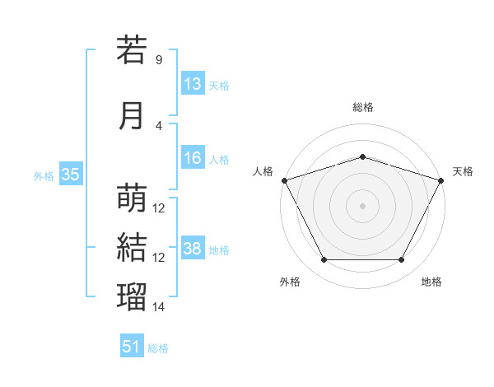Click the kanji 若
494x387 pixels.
coord(132,49)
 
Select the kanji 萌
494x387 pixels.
coord(132,198)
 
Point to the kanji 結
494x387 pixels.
coord(132,247)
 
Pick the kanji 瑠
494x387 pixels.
coord(132,296)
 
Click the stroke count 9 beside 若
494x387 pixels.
coord(159,59)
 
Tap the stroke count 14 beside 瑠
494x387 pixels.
coord(158,306)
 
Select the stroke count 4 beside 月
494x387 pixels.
coord(159,126)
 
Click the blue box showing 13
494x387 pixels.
coord(193,83)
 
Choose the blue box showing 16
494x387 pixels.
coord(193,157)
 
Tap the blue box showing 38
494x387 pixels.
coord(193,247)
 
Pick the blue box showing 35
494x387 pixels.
coord(71,174)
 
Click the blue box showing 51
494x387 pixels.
coord(132,345)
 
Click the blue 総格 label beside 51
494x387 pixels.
coord(158,348)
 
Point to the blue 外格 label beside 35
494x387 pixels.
coord(44,176)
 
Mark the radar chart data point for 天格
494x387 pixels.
coord(441,180)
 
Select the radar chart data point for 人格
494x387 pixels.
coord(285,180)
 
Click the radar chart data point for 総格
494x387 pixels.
coord(362,156)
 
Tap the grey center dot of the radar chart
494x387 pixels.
coord(362,206)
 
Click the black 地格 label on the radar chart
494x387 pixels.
coord(431,282)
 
